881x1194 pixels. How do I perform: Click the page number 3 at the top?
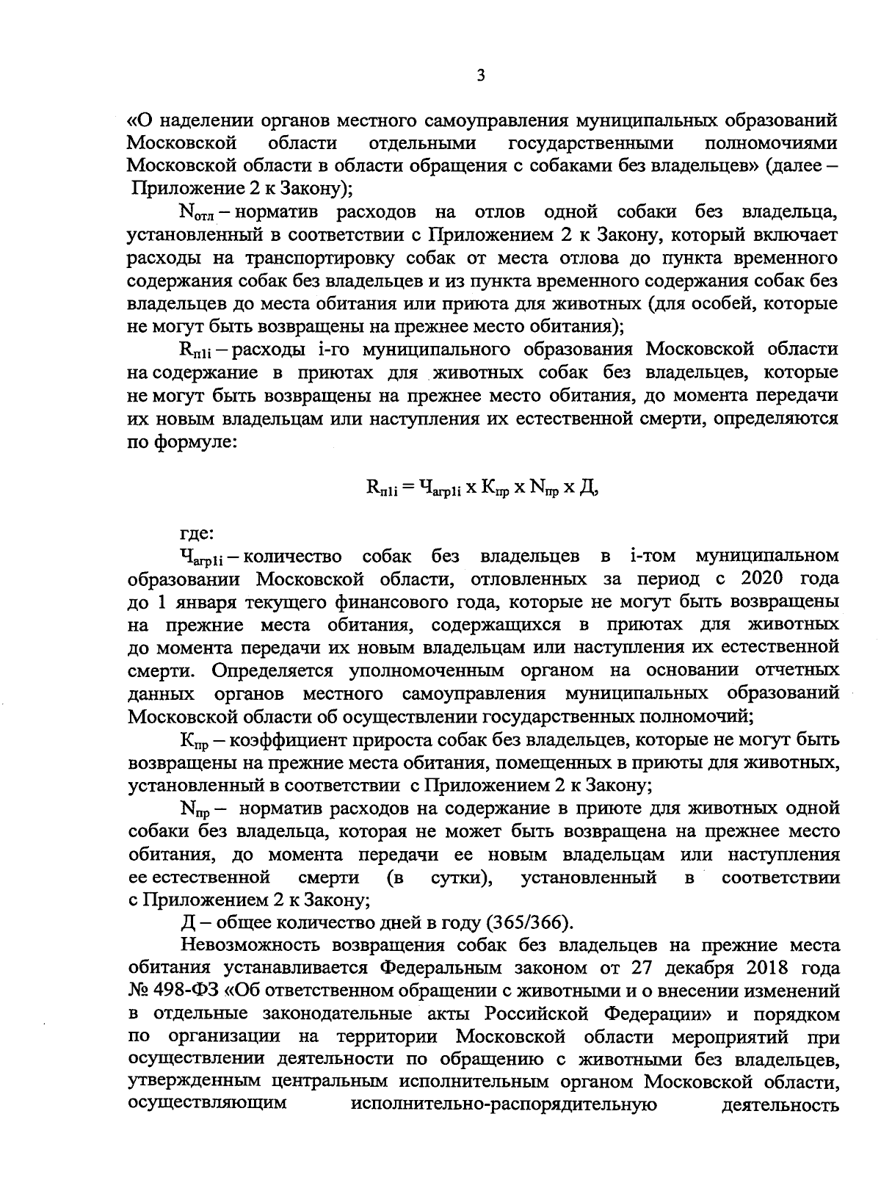[x=481, y=75]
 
